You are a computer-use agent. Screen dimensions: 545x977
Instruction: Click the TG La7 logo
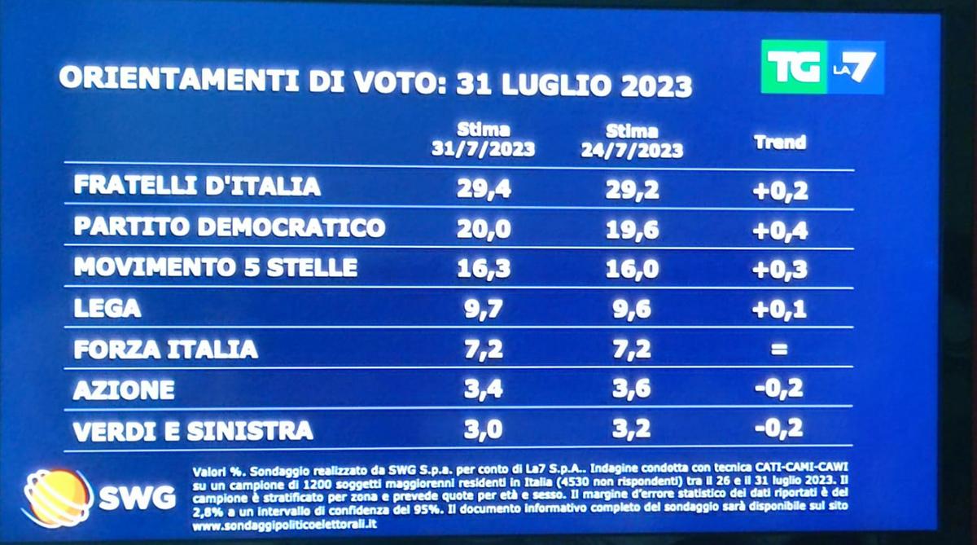point(821,68)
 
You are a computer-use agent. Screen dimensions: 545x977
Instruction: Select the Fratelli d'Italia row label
point(197,186)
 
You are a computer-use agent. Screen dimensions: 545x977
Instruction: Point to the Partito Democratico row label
point(229,226)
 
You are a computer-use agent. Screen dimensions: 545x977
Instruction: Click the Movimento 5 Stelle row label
point(215,267)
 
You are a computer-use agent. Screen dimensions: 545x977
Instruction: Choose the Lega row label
point(107,308)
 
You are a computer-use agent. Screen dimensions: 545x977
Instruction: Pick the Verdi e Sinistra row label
point(192,429)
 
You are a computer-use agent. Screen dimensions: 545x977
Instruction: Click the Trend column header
point(779,142)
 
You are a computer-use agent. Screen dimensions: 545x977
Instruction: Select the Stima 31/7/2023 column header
point(483,139)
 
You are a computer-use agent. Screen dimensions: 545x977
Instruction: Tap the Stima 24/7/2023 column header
point(632,140)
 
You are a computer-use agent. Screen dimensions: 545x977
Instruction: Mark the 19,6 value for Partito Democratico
point(632,230)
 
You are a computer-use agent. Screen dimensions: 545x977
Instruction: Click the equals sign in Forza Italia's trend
point(780,350)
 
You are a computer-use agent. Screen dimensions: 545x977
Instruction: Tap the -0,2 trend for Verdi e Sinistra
point(779,428)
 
